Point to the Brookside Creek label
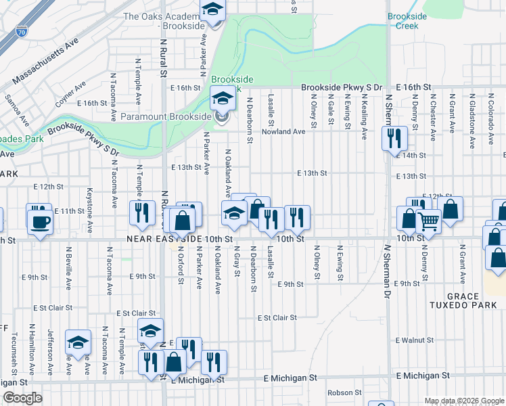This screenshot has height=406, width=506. pos(404,20)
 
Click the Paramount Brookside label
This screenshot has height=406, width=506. pos(166,116)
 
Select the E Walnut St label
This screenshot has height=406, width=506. pos(417,339)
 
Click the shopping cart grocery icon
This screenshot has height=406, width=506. pos(428,221)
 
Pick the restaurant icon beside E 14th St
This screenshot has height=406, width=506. pos(393,138)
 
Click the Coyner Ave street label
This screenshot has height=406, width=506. pos(71,95)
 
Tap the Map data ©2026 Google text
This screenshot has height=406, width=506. pos(463,401)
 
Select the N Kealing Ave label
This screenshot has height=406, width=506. pos(364,116)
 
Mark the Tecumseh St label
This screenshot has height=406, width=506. pos(14,345)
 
